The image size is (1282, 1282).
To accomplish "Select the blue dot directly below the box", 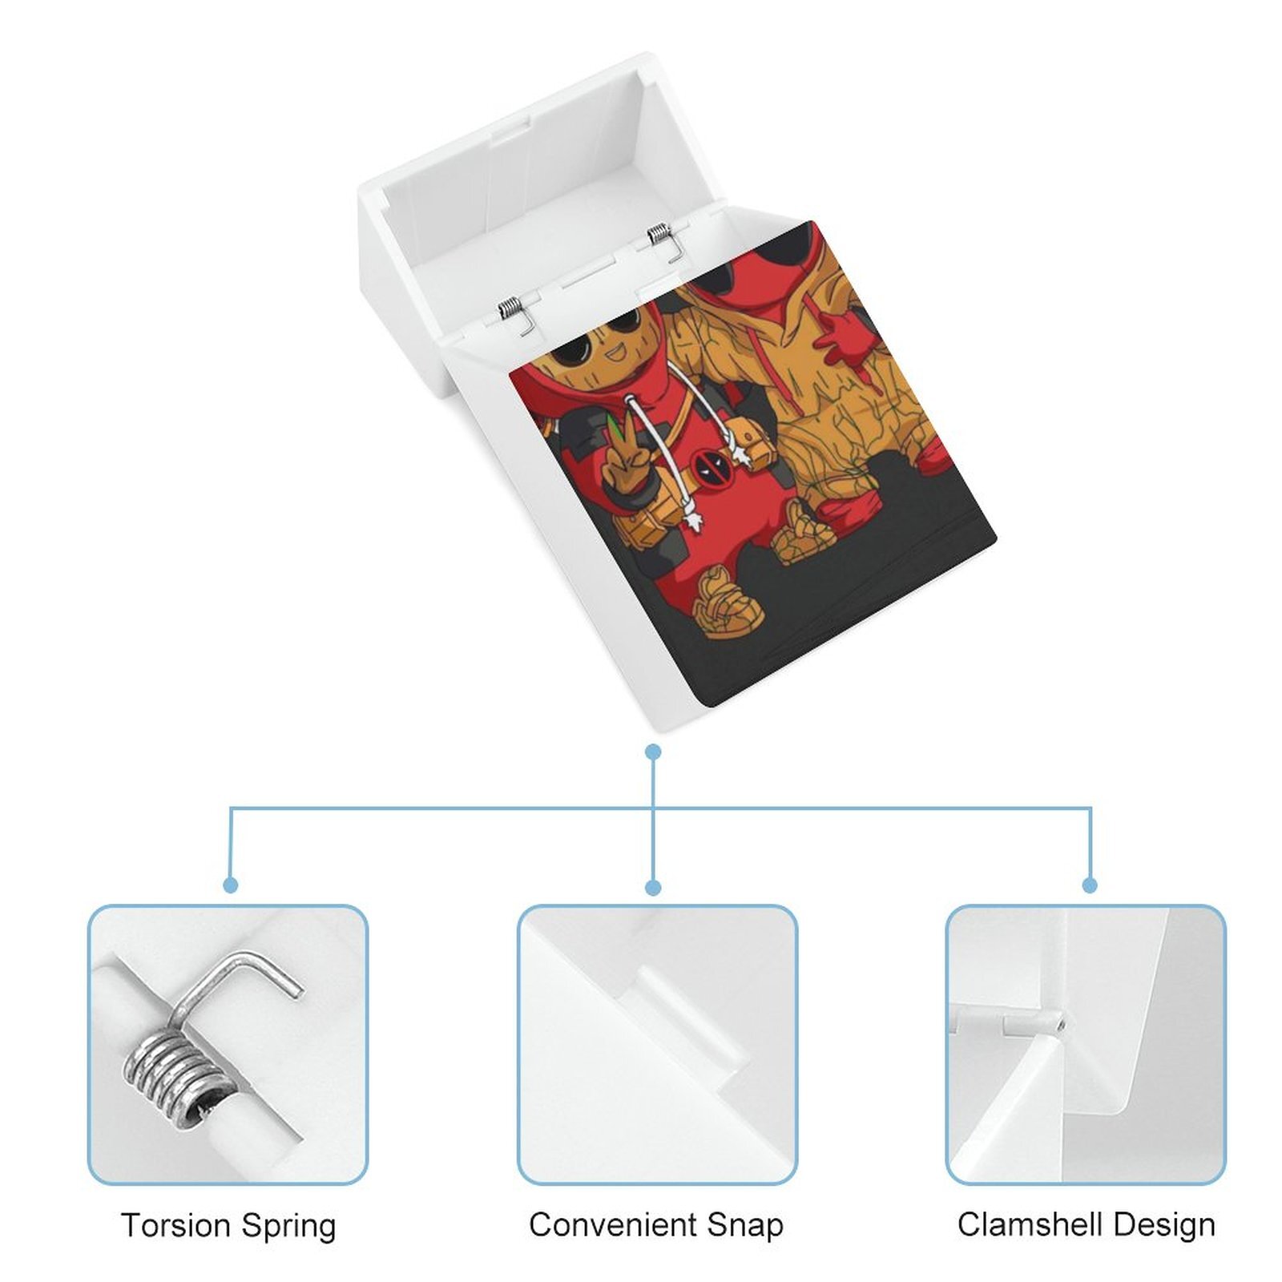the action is coord(653,752).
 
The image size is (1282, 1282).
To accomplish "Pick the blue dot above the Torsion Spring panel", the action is coord(231,885).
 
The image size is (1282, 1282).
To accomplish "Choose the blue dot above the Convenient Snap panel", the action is coord(653,887).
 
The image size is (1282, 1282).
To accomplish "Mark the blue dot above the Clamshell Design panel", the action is coord(1090,885).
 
